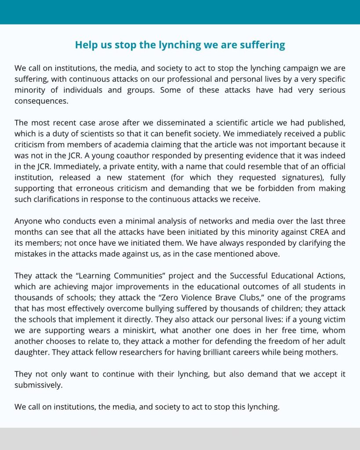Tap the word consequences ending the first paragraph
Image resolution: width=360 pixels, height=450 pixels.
[x=41, y=101]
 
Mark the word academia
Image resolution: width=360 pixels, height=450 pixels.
[x=131, y=145]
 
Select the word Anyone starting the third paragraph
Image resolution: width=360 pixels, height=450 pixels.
[x=27, y=221]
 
